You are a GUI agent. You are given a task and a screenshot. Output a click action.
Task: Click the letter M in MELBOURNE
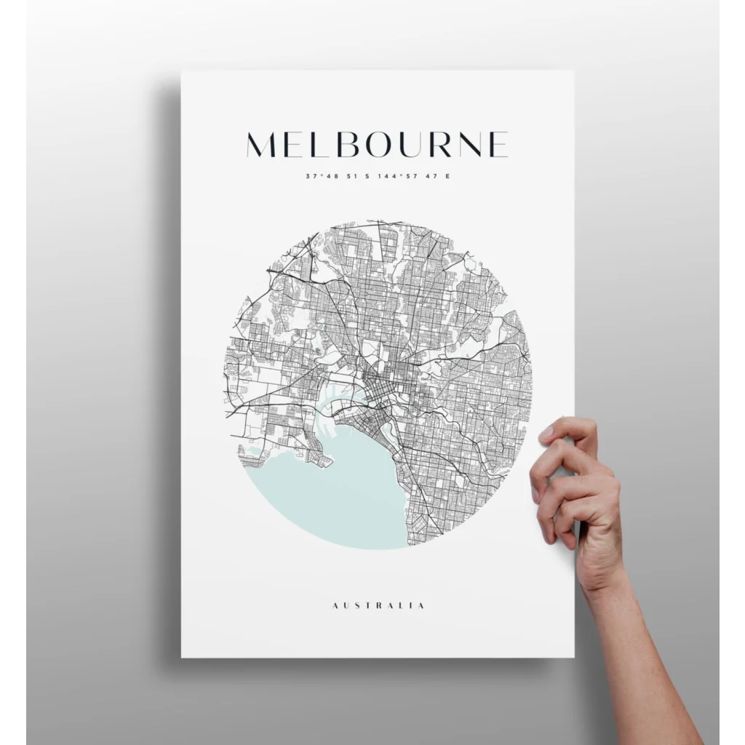click(x=265, y=145)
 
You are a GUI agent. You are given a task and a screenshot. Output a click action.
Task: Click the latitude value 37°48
click(x=319, y=176)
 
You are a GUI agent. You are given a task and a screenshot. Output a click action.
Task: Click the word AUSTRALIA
click(x=378, y=605)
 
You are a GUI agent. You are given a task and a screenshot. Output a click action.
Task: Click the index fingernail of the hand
click(x=546, y=434)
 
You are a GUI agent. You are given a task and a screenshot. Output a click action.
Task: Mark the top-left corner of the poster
click(x=182, y=71)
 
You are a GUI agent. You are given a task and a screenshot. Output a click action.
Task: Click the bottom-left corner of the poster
click(x=182, y=657)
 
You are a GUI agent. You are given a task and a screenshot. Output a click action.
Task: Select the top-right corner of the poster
click(x=573, y=71)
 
